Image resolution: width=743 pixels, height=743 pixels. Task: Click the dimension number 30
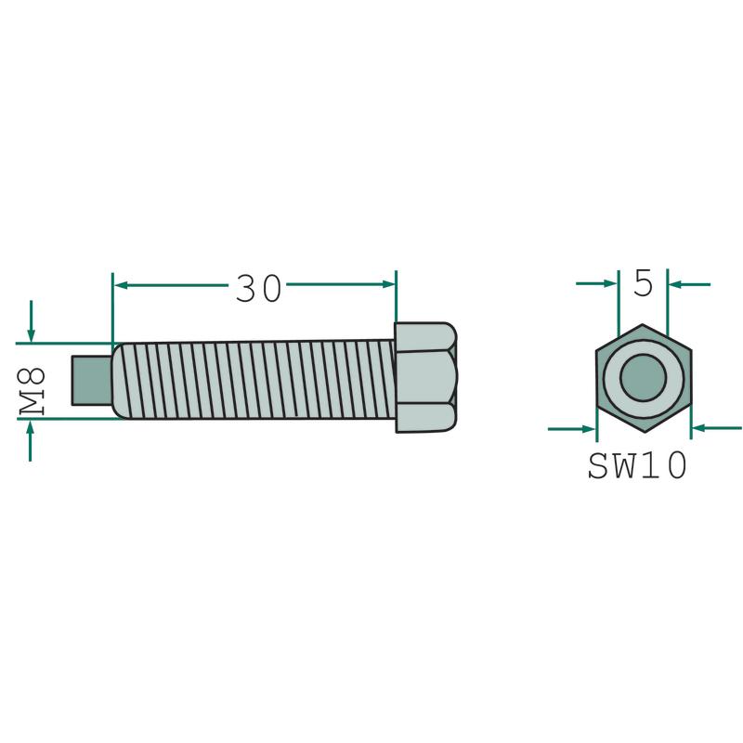point(259,289)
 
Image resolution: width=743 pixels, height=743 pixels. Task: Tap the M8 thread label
point(33,393)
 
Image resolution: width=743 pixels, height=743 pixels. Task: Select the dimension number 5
point(644,284)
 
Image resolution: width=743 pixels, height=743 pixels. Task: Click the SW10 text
point(637,465)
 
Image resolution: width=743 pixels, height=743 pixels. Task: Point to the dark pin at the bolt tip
point(92,381)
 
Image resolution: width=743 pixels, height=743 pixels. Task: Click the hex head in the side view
point(425,378)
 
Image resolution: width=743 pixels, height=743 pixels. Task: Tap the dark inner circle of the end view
point(643,379)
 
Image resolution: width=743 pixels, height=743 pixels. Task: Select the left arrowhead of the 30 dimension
point(122,285)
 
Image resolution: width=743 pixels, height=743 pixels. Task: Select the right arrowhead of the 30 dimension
point(388,284)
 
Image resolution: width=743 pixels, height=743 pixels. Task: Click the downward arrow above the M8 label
point(31,321)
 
